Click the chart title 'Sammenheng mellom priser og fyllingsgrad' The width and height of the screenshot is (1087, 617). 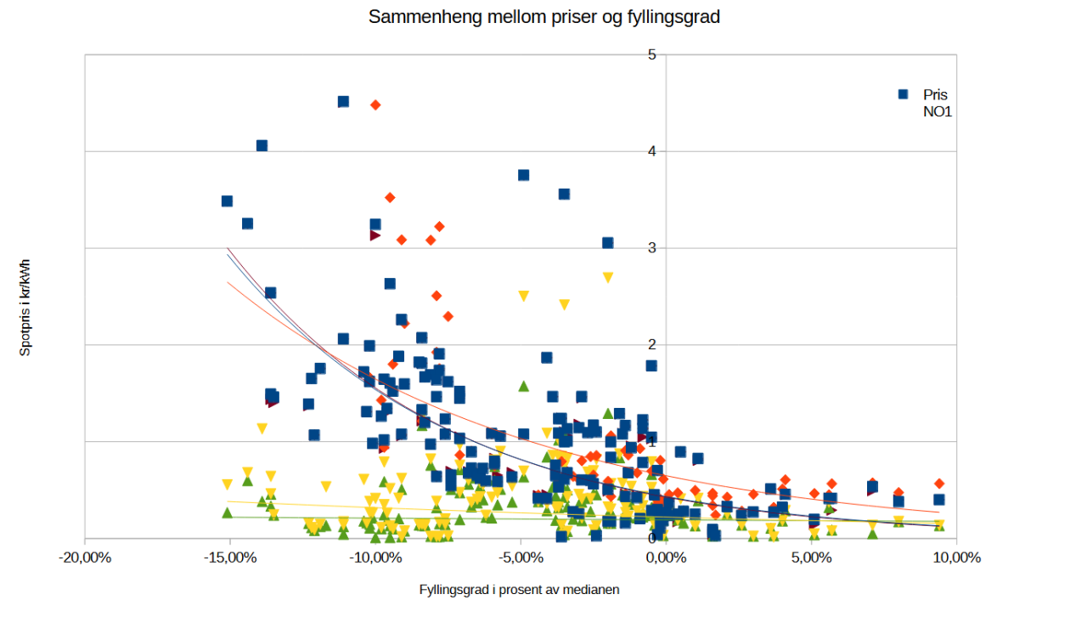(x=543, y=17)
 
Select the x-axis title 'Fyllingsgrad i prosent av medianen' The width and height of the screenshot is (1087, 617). (x=520, y=590)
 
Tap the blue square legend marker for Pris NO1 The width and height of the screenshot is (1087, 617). (x=904, y=94)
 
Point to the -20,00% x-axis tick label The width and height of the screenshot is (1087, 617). (x=85, y=558)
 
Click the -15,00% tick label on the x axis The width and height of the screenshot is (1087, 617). (x=230, y=558)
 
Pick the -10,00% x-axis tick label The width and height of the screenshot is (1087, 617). (x=375, y=558)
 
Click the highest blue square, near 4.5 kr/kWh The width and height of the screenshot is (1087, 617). (x=343, y=102)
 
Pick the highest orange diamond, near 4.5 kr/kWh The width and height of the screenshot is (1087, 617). (x=375, y=105)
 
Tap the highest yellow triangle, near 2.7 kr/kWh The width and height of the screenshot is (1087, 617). (x=608, y=278)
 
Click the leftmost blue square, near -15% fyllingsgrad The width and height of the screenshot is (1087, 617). (x=227, y=201)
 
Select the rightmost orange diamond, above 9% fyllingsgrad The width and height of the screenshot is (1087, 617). (x=939, y=484)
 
